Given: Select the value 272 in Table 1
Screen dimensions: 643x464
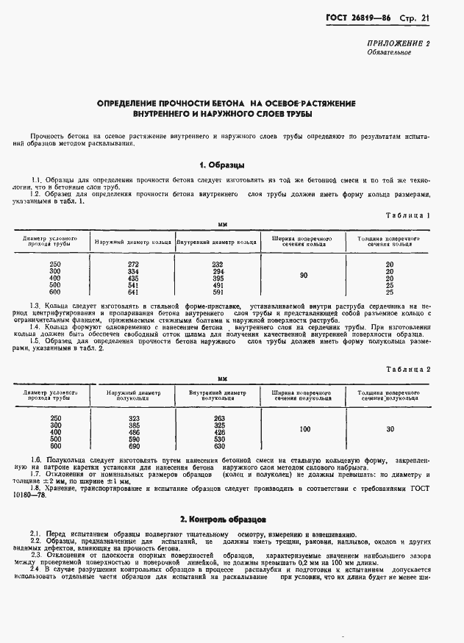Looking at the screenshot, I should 133,264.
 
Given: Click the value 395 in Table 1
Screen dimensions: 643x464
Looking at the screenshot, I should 217,277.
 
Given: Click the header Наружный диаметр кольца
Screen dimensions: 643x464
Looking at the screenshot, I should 133,242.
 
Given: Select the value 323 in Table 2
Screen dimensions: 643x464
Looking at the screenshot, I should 133,418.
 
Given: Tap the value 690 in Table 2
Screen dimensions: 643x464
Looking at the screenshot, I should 133,445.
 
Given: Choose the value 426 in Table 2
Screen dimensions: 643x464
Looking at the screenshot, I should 218,432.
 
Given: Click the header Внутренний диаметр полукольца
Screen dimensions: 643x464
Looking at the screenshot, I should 218,395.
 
